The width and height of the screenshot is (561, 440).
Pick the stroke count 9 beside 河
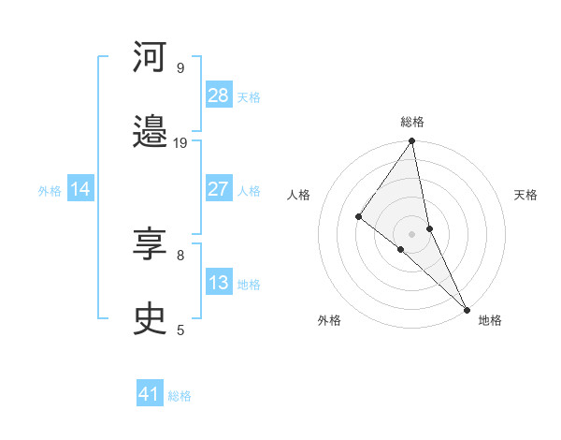180,67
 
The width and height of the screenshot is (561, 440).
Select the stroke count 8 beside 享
180,254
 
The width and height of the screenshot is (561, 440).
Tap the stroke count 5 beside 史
180,329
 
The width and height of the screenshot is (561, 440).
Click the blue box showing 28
218,95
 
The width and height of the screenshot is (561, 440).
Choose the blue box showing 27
218,189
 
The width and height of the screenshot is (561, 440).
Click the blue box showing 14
80,189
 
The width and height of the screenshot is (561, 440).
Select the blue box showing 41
150,394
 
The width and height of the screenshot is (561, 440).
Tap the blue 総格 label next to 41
180,396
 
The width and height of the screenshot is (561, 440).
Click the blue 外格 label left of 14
50,191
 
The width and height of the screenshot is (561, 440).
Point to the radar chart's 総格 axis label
412,122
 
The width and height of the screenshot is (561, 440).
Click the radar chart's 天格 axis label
525,195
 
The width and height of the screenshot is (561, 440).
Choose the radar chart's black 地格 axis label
490,320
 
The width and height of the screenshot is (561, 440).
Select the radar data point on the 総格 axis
412,142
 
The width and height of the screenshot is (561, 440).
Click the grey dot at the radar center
412,233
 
